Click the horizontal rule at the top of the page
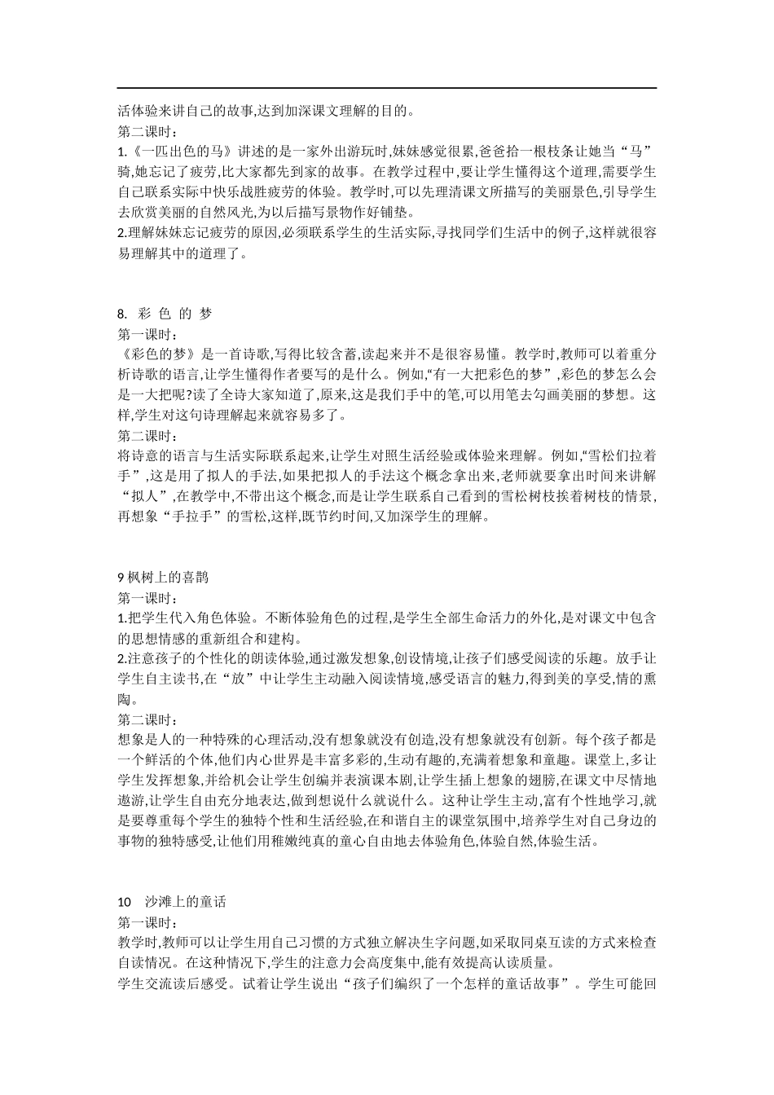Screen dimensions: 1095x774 click(387, 88)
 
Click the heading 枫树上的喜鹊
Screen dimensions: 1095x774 click(167, 578)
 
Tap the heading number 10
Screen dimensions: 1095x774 click(125, 902)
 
